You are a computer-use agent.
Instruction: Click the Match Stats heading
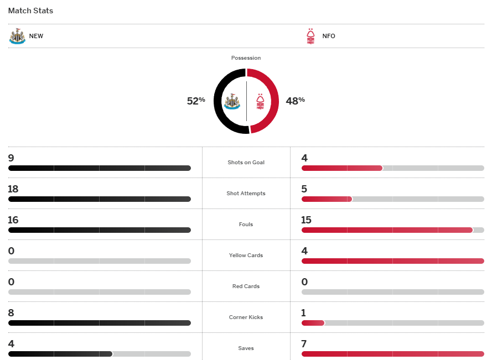(30, 11)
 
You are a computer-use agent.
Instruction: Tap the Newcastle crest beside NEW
(17, 36)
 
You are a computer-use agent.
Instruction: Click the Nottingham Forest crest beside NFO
(310, 36)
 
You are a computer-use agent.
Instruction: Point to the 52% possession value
(196, 101)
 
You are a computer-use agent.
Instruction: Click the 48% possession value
(295, 101)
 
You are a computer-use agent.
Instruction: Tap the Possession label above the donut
(246, 58)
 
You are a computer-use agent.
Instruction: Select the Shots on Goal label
(246, 163)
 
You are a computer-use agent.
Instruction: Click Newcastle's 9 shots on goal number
(11, 158)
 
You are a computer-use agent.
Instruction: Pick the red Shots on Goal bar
(341, 168)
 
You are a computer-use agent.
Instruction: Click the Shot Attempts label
(246, 194)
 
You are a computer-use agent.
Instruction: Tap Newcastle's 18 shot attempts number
(13, 189)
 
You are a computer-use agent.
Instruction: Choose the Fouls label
(246, 225)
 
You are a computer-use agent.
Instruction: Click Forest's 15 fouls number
(307, 220)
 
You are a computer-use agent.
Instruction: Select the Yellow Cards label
(246, 255)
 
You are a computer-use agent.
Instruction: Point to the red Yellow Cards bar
(392, 261)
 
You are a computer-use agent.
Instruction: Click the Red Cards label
(246, 286)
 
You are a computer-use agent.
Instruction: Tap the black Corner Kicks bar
(100, 323)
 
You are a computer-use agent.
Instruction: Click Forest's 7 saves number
(304, 344)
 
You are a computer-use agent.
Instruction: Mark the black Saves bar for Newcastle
(60, 354)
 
